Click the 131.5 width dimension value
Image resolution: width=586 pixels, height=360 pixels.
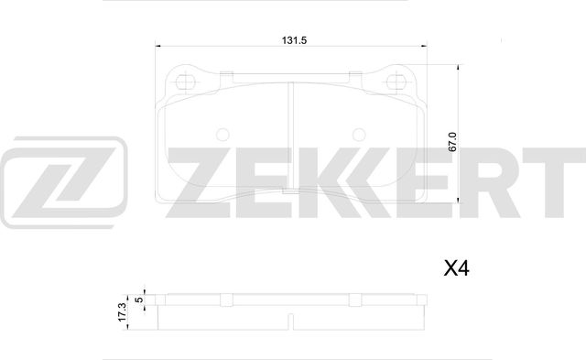pos(292,39)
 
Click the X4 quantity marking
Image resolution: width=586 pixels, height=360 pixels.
pos(456,268)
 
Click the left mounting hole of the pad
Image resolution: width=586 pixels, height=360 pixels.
pos(187,82)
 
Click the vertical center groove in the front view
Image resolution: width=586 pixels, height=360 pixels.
pos(291,137)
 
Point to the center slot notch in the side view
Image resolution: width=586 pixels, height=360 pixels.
pos(291,322)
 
